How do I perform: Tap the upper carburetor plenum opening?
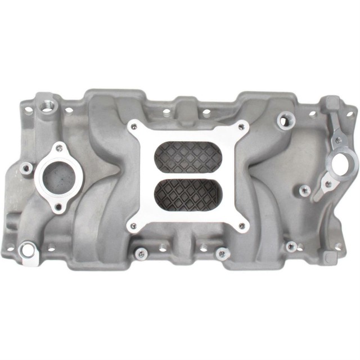tap(188, 156)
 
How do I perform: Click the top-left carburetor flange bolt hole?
tap(133, 126)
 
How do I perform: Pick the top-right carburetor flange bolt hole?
tap(242, 127)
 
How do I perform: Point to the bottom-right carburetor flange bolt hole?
tap(242, 227)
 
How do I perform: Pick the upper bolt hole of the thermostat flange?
tap(58, 148)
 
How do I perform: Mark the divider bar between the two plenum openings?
tap(188, 175)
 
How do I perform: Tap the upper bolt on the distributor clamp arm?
tap(338, 139)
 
